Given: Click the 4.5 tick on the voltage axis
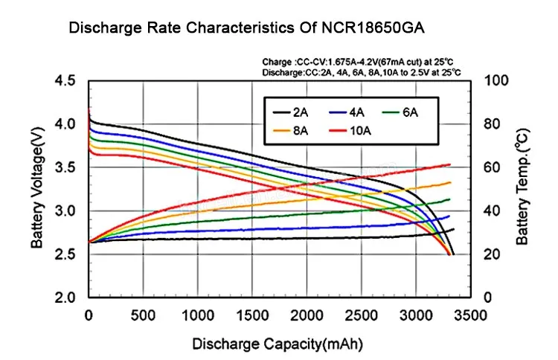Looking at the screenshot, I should pos(66,80).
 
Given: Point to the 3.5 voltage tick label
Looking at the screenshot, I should pos(66,167).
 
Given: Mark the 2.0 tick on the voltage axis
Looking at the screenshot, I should pos(66,298).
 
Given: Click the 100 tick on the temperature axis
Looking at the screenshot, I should pos(495,80).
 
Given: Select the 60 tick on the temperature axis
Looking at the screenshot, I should pos(492,167).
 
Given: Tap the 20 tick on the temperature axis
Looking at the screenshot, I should pos(492,254).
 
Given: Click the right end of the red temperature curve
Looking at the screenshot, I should pos(451,164).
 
